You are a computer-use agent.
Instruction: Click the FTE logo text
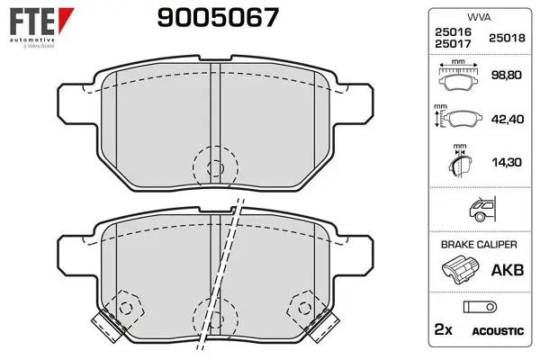(32, 21)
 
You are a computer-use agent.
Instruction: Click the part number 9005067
(218, 18)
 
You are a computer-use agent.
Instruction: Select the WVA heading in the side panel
(479, 17)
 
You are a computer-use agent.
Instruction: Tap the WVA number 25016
(453, 32)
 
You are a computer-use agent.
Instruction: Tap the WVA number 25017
(453, 44)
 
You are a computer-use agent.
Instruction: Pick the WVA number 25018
(507, 38)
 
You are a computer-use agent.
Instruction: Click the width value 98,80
(506, 75)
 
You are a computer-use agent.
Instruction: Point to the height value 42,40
(508, 119)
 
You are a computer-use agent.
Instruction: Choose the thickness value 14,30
(507, 162)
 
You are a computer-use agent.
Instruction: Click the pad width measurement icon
(458, 76)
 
